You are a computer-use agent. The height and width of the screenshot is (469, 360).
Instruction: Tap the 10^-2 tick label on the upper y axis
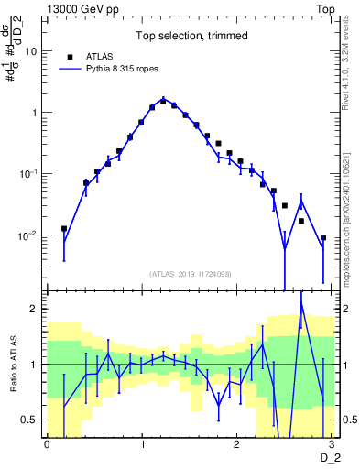27,235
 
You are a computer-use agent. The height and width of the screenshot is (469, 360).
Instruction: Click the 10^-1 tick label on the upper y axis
27,174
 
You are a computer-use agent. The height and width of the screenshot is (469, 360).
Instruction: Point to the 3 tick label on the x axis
333,444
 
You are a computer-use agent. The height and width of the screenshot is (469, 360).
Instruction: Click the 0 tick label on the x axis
47,444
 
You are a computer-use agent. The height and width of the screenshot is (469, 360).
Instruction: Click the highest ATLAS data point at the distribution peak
163,101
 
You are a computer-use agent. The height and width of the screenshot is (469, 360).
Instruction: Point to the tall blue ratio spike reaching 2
301,306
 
